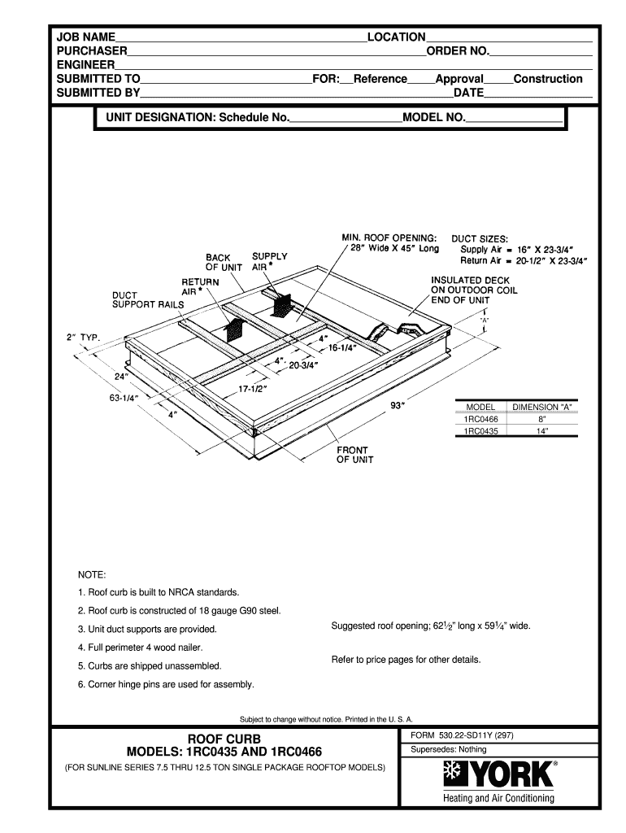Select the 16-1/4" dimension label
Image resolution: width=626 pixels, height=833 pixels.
(x=345, y=347)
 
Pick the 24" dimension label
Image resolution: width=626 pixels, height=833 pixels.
(x=121, y=377)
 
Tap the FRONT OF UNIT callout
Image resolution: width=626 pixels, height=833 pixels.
(x=355, y=454)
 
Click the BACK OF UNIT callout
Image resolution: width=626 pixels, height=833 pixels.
(x=224, y=262)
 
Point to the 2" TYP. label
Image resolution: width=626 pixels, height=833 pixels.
(x=84, y=335)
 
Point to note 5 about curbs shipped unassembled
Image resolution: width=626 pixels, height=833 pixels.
(x=150, y=665)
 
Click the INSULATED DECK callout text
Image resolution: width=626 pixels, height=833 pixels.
(x=474, y=289)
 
